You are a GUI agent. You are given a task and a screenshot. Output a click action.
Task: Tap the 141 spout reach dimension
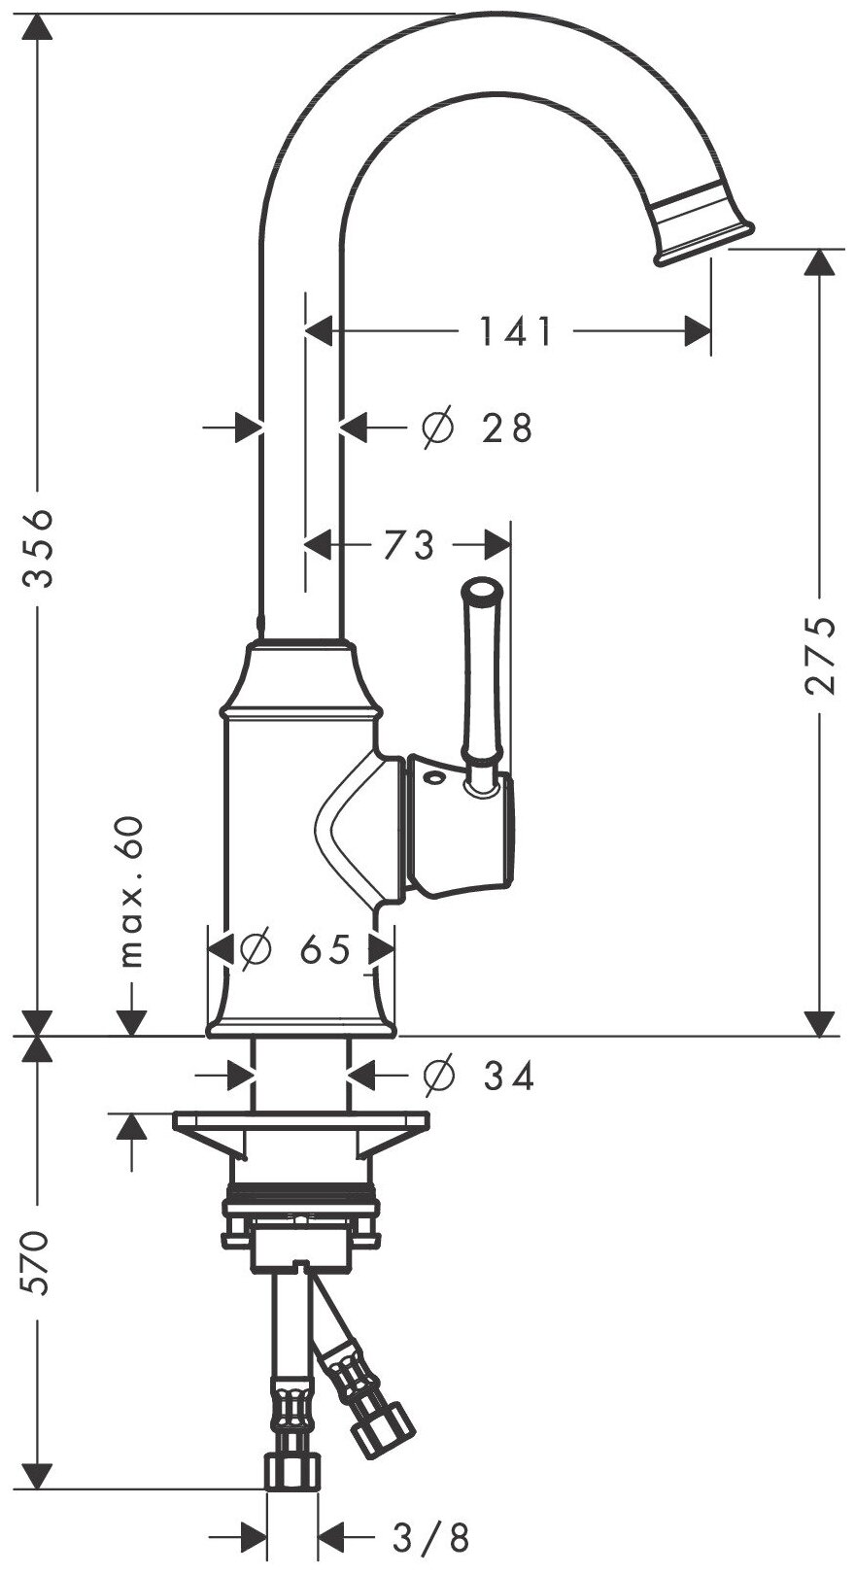point(515,331)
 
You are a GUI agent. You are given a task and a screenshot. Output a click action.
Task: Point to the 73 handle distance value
point(408,546)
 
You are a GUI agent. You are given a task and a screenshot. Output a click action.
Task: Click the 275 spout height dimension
point(821,654)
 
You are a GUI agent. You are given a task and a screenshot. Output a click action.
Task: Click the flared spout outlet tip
point(702,225)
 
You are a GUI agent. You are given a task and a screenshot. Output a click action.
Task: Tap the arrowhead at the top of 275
point(821,262)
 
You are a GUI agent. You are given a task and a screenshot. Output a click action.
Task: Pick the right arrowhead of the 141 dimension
point(698,331)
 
